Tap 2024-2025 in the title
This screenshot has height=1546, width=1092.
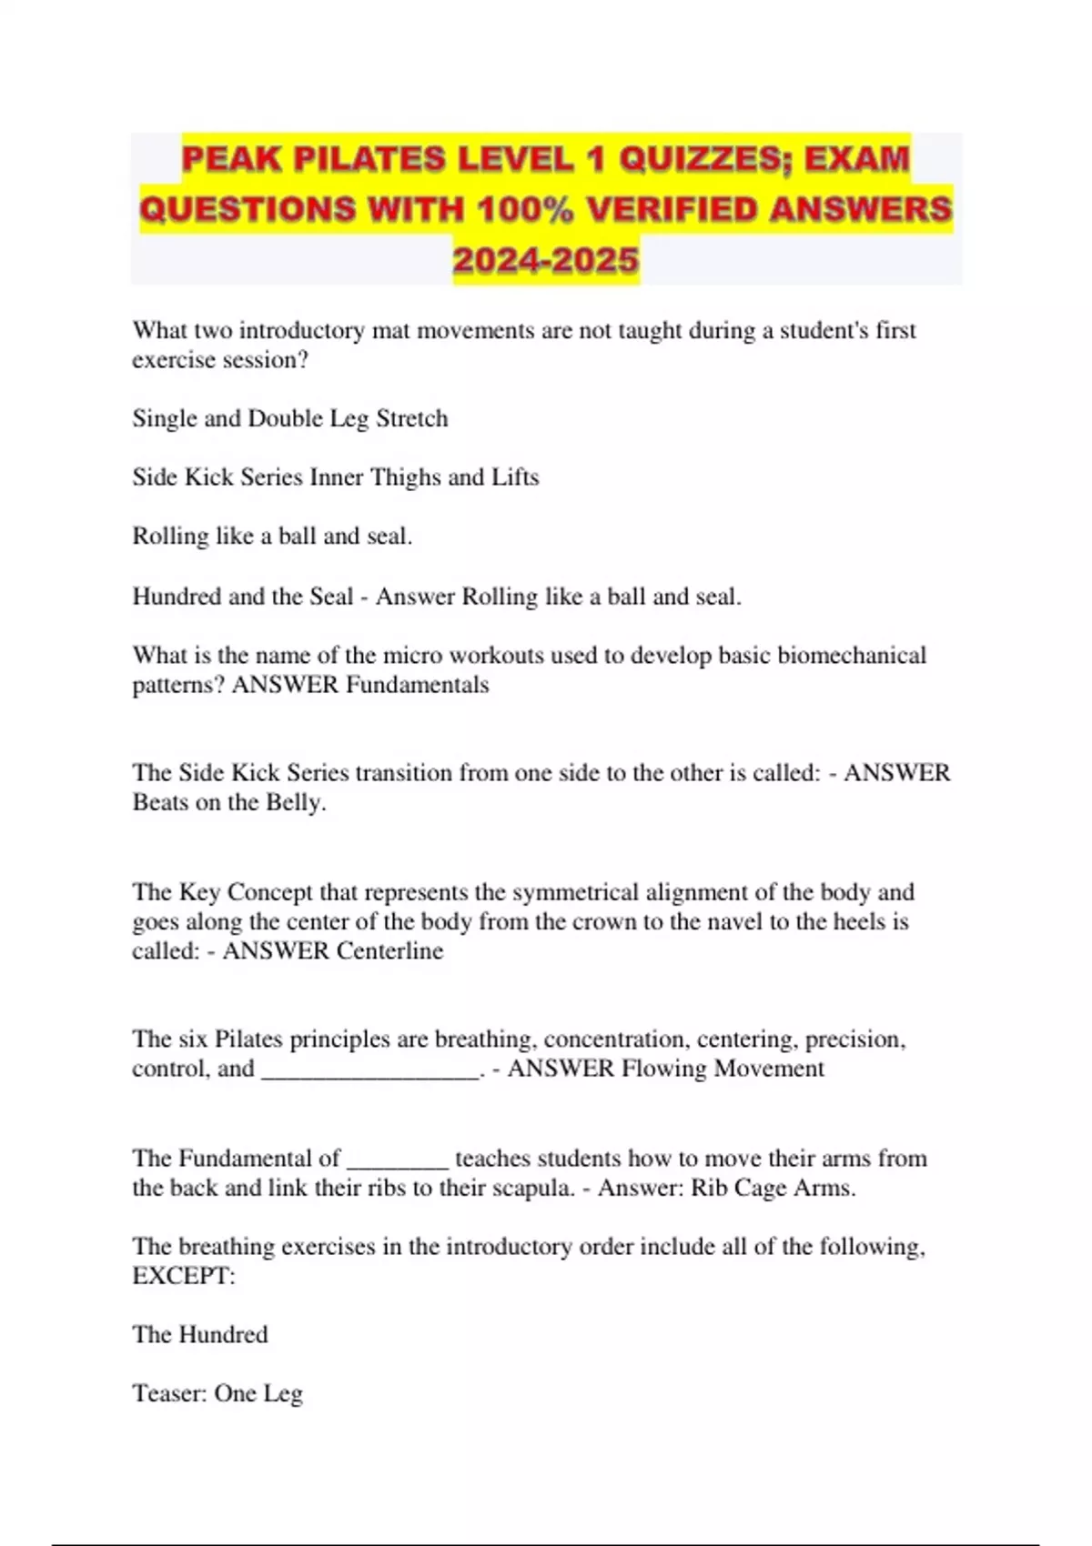coord(546,261)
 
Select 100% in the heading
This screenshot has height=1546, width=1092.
coord(525,210)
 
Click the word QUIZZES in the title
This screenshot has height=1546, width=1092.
coord(687,159)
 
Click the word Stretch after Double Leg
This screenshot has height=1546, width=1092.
coord(412,419)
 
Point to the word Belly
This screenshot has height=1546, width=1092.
coord(295,803)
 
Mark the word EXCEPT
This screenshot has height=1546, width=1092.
coord(183,1277)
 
